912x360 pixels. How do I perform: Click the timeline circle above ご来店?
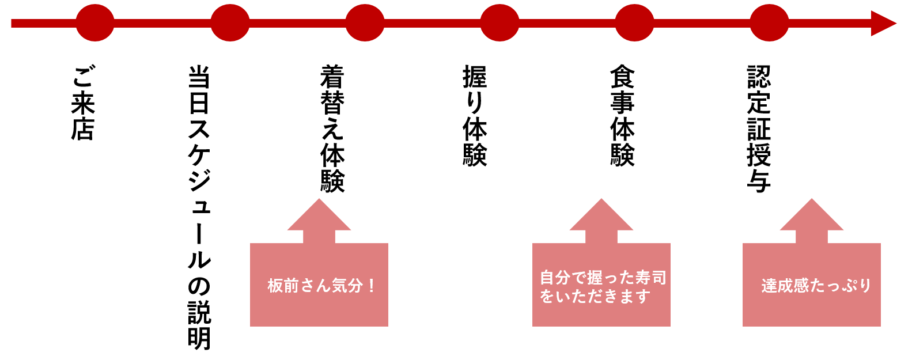[x=95, y=23]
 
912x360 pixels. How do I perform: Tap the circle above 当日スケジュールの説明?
[x=230, y=23]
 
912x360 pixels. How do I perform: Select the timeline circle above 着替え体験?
[x=365, y=23]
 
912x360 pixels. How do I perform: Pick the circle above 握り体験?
[x=499, y=23]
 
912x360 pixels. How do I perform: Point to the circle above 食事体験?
[x=634, y=23]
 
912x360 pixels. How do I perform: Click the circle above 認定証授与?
[x=769, y=23]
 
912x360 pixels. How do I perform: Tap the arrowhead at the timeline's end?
[x=883, y=23]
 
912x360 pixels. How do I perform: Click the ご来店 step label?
[x=83, y=103]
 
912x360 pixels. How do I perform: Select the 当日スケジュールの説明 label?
[x=199, y=207]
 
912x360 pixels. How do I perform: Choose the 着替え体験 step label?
[x=332, y=128]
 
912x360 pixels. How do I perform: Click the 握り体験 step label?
[x=475, y=116]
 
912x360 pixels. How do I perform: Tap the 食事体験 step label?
[x=622, y=116]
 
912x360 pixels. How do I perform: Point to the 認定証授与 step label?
[x=759, y=128]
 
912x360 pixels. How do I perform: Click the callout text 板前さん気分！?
[x=320, y=286]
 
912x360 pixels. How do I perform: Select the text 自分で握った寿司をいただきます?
[x=602, y=287]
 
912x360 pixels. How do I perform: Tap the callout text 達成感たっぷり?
[x=815, y=286]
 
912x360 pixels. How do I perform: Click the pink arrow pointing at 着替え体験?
[x=319, y=221]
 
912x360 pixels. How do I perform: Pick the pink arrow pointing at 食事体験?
[x=601, y=221]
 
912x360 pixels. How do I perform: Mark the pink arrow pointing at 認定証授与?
[x=812, y=221]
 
